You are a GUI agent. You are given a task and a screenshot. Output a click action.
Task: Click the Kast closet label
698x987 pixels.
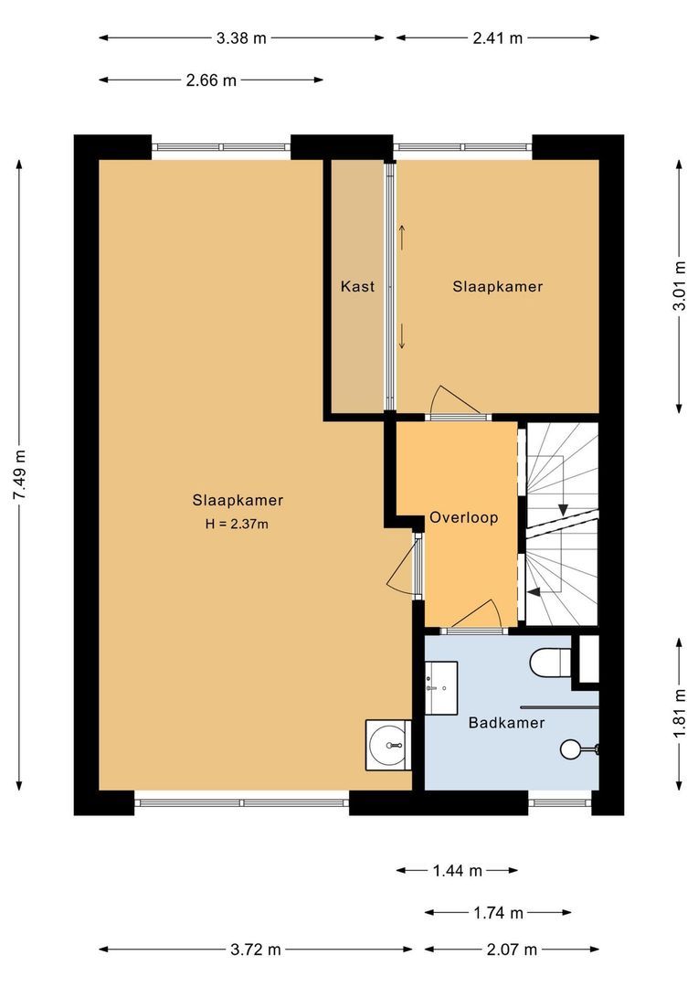pyautogui.click(x=357, y=287)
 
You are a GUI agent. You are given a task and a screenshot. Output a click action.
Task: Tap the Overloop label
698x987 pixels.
pyautogui.click(x=464, y=517)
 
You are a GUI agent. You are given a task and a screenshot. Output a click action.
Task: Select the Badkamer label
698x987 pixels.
pyautogui.click(x=506, y=723)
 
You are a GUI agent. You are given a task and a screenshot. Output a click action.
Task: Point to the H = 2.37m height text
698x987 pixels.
pyautogui.click(x=238, y=525)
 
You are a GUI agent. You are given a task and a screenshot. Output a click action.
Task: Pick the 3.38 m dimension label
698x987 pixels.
pyautogui.click(x=241, y=38)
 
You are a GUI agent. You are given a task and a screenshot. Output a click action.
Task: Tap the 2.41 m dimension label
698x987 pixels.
pyautogui.click(x=497, y=38)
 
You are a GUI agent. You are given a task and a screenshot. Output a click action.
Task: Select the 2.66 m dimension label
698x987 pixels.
pyautogui.click(x=211, y=80)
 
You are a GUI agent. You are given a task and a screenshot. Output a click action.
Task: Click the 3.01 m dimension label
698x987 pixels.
pyautogui.click(x=679, y=286)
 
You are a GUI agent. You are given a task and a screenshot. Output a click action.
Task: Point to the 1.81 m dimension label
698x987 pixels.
pyautogui.click(x=679, y=714)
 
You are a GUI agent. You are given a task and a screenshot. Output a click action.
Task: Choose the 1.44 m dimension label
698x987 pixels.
pyautogui.click(x=457, y=871)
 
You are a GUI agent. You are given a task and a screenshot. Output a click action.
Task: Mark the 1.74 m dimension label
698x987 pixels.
pyautogui.click(x=498, y=913)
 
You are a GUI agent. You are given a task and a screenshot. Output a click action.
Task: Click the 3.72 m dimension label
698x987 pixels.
pyautogui.click(x=256, y=950)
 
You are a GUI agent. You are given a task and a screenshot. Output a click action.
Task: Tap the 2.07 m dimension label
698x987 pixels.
pyautogui.click(x=498, y=950)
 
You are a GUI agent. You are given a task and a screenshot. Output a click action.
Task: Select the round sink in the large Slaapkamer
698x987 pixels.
pyautogui.click(x=388, y=746)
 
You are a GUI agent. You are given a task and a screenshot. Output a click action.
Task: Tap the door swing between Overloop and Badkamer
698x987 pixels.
pyautogui.click(x=481, y=615)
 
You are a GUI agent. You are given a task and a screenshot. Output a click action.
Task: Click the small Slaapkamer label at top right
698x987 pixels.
pyautogui.click(x=498, y=287)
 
